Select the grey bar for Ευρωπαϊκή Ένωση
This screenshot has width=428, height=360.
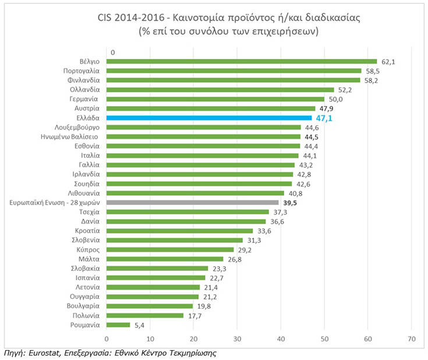tap(192, 202)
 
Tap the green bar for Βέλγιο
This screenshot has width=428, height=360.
tap(242, 61)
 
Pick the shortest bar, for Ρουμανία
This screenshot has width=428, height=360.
tap(118, 324)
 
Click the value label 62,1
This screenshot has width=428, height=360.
tap(388, 61)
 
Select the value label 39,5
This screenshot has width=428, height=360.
tap(290, 202)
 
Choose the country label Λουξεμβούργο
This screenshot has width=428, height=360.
tap(76, 127)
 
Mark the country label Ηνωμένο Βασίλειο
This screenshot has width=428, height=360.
tap(73, 136)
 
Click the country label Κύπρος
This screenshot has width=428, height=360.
tap(89, 249)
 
